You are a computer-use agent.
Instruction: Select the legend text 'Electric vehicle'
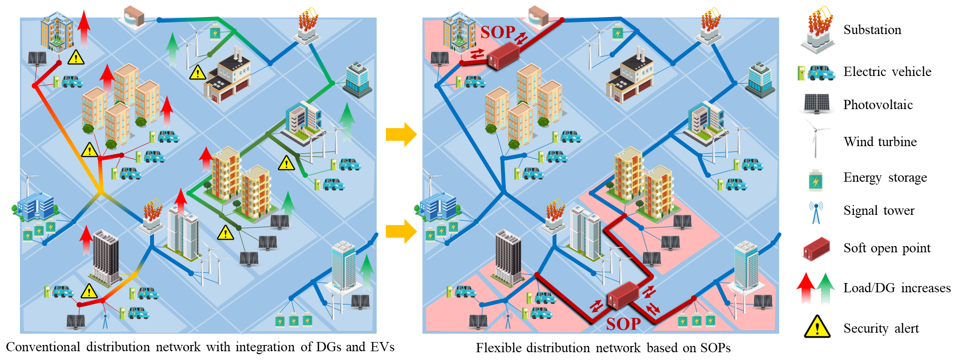click(887, 72)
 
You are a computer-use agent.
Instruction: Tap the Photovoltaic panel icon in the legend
click(817, 104)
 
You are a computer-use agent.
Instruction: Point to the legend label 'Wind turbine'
click(880, 142)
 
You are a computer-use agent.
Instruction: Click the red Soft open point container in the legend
click(817, 248)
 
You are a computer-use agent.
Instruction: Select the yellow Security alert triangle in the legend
click(817, 327)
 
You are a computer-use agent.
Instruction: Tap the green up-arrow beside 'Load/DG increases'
click(825, 287)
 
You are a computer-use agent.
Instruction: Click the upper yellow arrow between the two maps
click(401, 134)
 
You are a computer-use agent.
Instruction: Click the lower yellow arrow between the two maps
click(401, 231)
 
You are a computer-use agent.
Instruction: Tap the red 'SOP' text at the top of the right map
click(497, 32)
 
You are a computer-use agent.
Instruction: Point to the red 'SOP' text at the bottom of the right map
click(623, 324)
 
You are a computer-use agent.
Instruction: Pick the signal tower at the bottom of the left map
click(105, 320)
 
